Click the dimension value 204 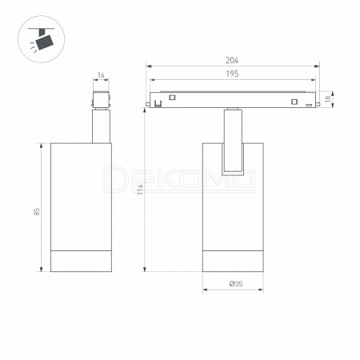tap(232, 61)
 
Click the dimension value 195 tap(232, 74)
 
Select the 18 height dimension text tap(328, 98)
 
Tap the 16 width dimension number tap(101, 75)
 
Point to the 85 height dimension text tap(37, 211)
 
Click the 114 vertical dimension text tap(140, 189)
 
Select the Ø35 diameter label tap(236, 284)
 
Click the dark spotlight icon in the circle tap(43, 39)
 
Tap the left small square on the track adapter tap(172, 98)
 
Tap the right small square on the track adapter tap(294, 102)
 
